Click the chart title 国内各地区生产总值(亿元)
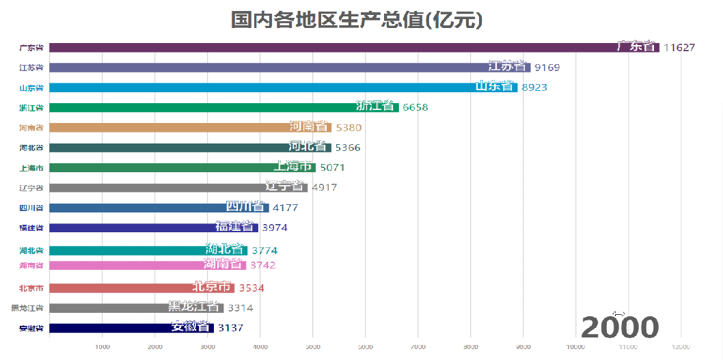[357, 20]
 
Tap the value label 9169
[547, 68]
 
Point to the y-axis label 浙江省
[31, 108]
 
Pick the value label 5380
[349, 128]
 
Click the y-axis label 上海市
[31, 167]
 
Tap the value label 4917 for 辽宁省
[324, 187]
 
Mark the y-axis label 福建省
[31, 227]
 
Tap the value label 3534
[251, 288]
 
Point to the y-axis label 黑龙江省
[27, 308]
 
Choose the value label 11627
[679, 48]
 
